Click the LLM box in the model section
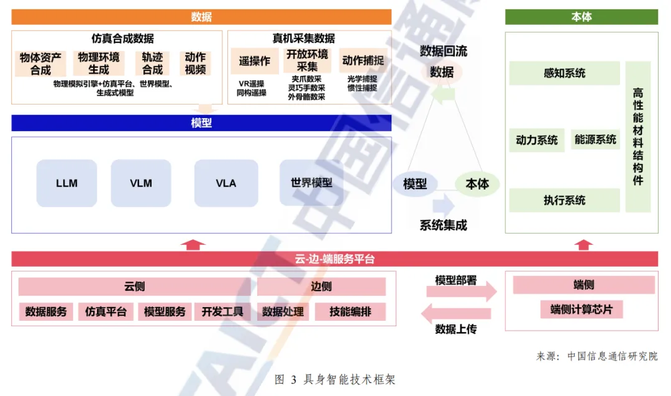pyautogui.click(x=66, y=183)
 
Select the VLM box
pyautogui.click(x=141, y=183)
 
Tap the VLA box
pyautogui.click(x=226, y=183)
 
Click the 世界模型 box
pyautogui.click(x=311, y=183)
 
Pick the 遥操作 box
pyautogui.click(x=255, y=62)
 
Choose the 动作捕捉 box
pyautogui.click(x=363, y=61)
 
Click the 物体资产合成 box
pyautogui.click(x=41, y=63)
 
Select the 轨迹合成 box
pyautogui.click(x=152, y=63)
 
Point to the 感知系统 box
pyautogui.click(x=564, y=73)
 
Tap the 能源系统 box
pyautogui.click(x=595, y=140)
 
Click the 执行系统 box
pyautogui.click(x=564, y=200)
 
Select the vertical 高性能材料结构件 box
pyautogui.click(x=638, y=137)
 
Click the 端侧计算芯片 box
pyautogui.click(x=581, y=309)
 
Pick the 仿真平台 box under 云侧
pyautogui.click(x=106, y=311)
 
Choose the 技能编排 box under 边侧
pyautogui.click(x=350, y=311)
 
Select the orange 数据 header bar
pyautogui.click(x=201, y=17)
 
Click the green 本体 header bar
pyautogui.click(x=581, y=17)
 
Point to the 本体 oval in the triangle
pyautogui.click(x=477, y=184)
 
